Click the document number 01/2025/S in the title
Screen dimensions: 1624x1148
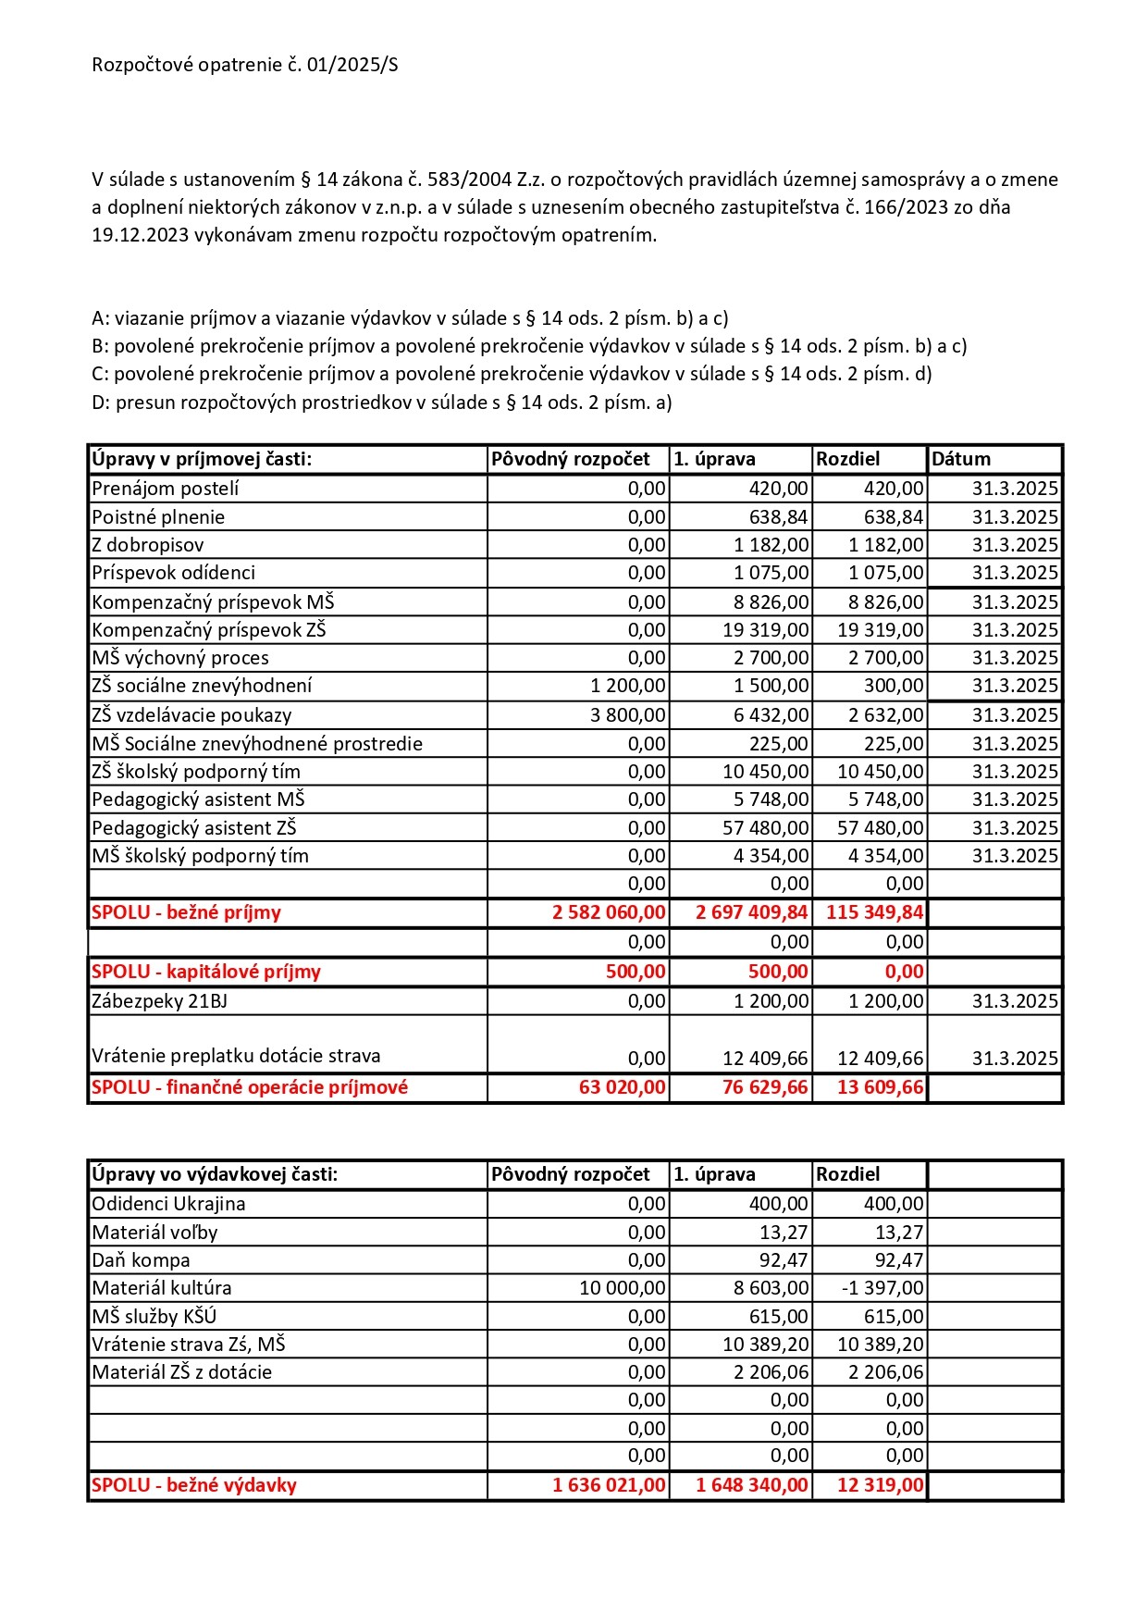click(356, 65)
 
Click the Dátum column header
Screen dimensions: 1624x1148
click(961, 459)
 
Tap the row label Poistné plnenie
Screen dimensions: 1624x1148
click(158, 517)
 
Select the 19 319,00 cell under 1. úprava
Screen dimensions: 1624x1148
click(766, 630)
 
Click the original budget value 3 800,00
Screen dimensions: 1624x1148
click(628, 715)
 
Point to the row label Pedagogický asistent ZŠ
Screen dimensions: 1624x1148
click(194, 828)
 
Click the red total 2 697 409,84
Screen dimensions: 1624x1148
click(751, 912)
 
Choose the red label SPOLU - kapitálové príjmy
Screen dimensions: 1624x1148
click(206, 972)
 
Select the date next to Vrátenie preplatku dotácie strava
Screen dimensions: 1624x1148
click(1015, 1059)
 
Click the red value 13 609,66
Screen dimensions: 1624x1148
click(880, 1087)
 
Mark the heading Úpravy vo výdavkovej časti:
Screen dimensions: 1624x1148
click(215, 1174)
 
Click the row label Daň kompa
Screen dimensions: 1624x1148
click(141, 1260)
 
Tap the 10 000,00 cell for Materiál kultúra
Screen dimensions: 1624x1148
click(623, 1288)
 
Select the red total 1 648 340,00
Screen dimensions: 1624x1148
click(751, 1485)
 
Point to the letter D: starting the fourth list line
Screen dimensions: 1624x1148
click(101, 403)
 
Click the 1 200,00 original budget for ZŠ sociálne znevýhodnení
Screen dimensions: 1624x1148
click(628, 686)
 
